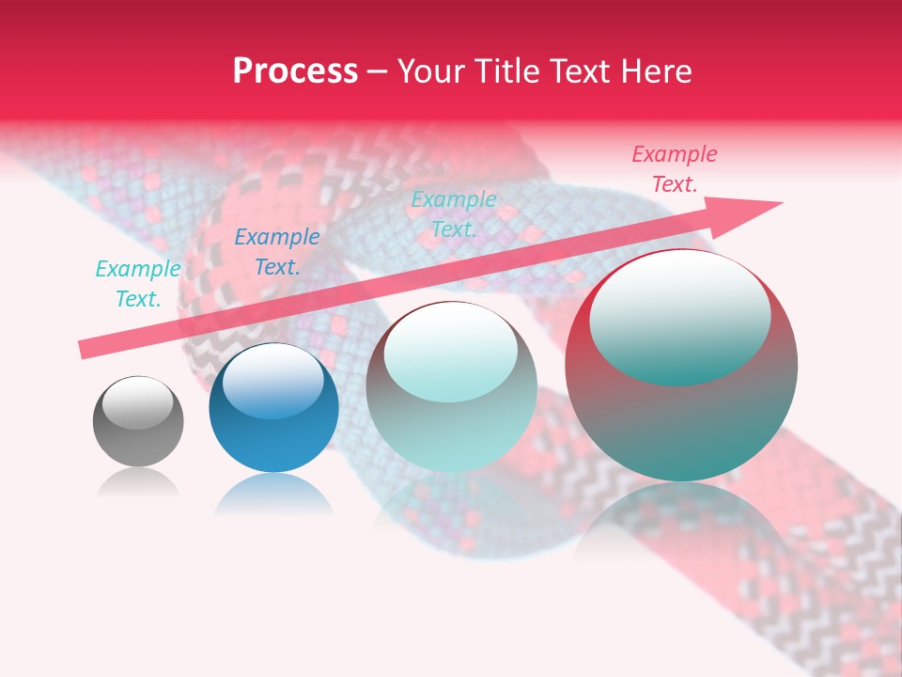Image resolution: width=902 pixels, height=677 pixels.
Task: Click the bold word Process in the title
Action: (295, 71)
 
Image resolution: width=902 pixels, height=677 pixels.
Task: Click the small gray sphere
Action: (138, 422)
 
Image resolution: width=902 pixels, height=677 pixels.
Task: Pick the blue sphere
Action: (273, 409)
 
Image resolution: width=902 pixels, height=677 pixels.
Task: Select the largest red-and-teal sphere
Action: (681, 367)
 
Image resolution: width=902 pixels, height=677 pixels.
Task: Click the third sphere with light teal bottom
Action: (451, 387)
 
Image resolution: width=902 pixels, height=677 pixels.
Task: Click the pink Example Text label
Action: (674, 169)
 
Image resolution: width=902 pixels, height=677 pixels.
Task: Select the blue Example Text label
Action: (276, 252)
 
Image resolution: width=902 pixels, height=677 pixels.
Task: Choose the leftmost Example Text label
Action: (137, 284)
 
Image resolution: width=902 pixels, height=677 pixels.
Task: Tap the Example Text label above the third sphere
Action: (454, 213)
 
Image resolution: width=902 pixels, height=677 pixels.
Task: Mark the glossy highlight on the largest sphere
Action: (679, 315)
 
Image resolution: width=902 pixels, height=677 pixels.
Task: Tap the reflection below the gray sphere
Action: (138, 483)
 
